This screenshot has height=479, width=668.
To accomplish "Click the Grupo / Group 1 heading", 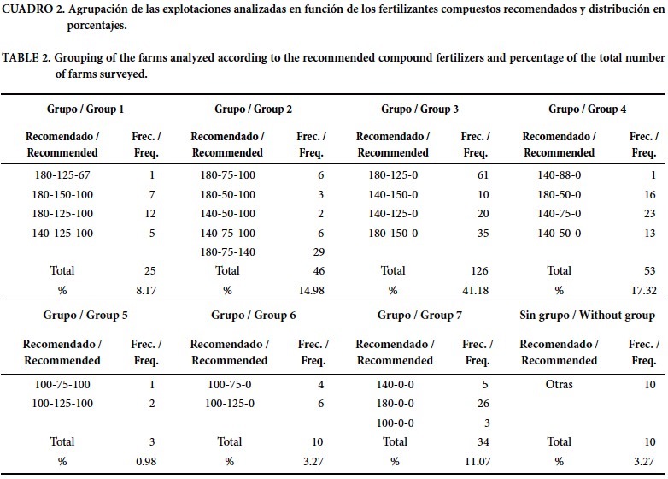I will [x=85, y=109].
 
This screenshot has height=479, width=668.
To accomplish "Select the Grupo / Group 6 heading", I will [x=255, y=315].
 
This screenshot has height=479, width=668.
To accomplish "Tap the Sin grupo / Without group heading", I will [x=587, y=315].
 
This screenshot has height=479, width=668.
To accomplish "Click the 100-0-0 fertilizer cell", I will [x=394, y=423].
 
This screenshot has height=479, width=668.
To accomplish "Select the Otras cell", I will [x=559, y=385].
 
